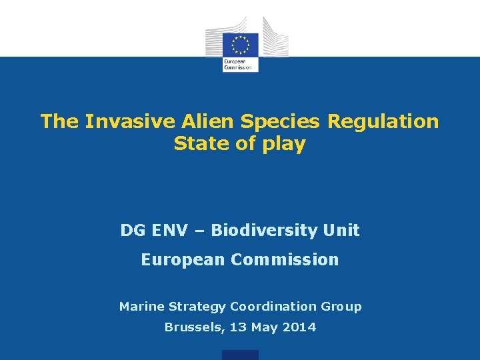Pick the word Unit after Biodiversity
[x=341, y=231]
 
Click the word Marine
[x=142, y=307]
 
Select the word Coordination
[x=273, y=307]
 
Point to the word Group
[x=341, y=307]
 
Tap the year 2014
[x=299, y=327]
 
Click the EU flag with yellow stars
[x=240, y=45]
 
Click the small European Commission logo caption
[x=237, y=65]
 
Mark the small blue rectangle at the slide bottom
[x=240, y=355]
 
